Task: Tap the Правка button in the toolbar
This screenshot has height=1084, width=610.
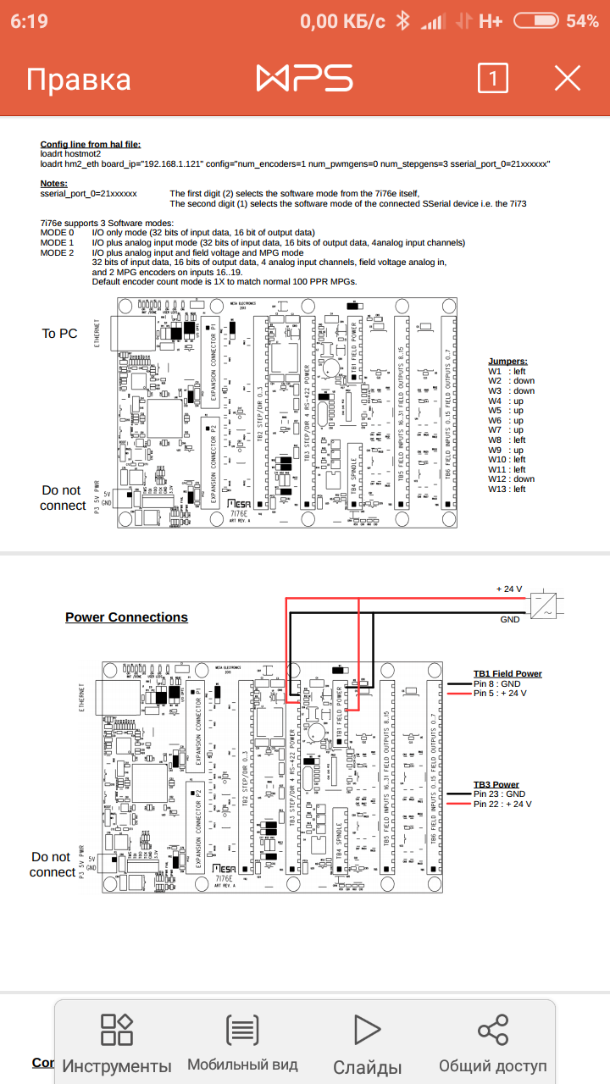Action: point(79,80)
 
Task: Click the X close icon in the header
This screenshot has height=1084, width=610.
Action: point(567,79)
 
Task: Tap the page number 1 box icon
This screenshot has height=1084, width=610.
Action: point(493,79)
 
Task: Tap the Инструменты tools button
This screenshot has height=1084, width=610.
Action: point(117,1043)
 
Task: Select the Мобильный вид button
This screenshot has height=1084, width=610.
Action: point(242,1043)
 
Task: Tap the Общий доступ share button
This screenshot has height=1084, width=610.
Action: point(492,1043)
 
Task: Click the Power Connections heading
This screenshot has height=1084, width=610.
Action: point(126,617)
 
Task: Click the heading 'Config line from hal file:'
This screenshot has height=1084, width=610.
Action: point(91,145)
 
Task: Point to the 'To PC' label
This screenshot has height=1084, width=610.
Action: point(59,334)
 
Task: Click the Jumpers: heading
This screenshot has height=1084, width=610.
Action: point(507,361)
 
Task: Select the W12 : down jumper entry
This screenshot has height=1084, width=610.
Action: point(511,479)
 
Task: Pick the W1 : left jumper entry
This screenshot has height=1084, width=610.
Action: point(507,372)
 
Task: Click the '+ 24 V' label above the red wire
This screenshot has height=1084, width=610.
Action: point(509,589)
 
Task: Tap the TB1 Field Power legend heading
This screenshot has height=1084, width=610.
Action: point(507,674)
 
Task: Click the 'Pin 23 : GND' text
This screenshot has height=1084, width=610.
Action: point(500,794)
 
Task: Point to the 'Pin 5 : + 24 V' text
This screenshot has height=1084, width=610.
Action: point(500,694)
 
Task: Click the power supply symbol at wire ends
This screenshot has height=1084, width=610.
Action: point(542,605)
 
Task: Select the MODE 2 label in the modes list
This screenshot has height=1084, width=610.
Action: point(58,252)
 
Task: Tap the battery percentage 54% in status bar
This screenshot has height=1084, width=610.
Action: point(582,21)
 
